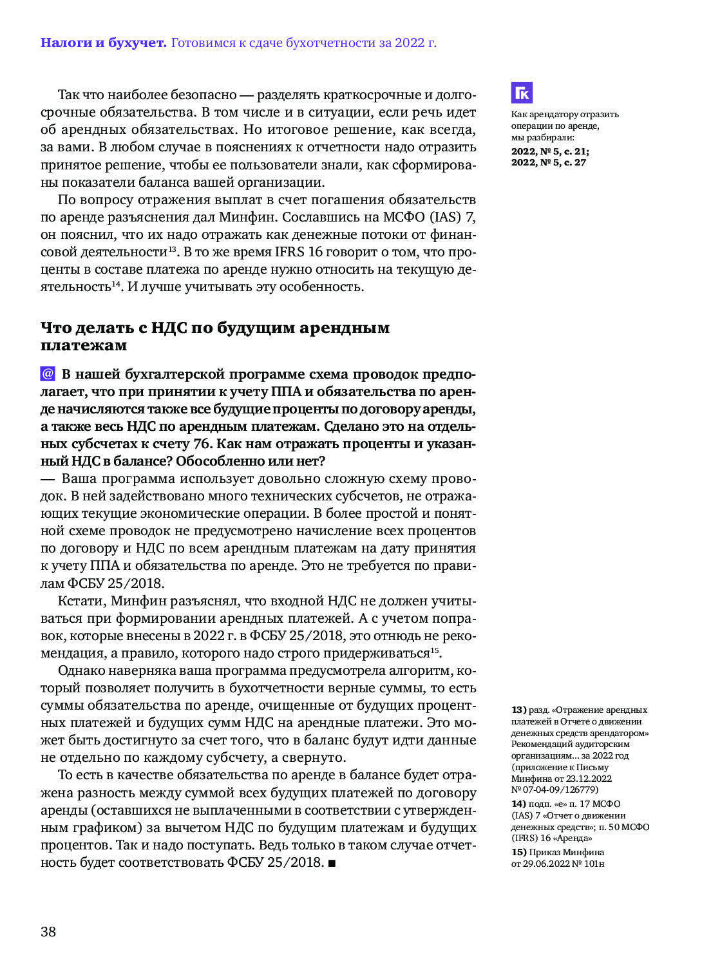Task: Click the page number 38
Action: click(48, 931)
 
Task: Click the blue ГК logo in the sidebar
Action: click(522, 93)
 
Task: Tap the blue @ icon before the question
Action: click(48, 374)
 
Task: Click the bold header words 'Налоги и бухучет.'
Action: click(103, 43)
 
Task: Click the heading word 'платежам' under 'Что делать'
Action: click(84, 346)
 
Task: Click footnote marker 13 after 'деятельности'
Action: click(173, 249)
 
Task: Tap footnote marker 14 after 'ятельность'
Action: click(117, 283)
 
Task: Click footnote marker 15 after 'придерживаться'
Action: click(435, 650)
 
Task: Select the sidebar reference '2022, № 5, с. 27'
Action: click(548, 162)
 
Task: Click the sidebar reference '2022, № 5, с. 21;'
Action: click(549, 151)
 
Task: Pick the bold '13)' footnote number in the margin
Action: click(519, 710)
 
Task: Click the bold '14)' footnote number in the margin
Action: click(519, 804)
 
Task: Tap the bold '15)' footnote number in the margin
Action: click(519, 852)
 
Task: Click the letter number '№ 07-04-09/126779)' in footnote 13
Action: click(555, 790)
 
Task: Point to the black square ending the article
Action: click(332, 863)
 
